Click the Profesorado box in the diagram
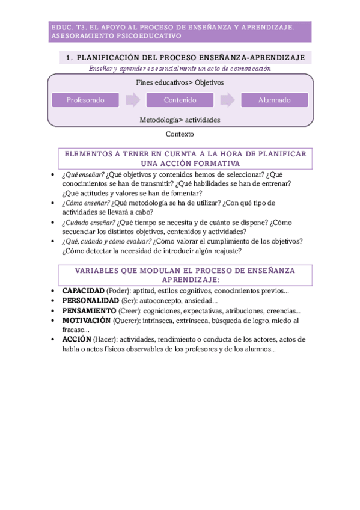coord(85,100)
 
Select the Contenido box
coord(180,100)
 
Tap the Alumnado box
coord(274,100)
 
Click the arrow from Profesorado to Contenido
coord(133,100)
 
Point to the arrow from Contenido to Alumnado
coord(227,100)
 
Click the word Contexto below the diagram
coord(180,134)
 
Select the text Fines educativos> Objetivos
coord(180,82)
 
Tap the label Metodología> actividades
coord(180,120)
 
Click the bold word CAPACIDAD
coord(83,291)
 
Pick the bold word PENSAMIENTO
coord(89,310)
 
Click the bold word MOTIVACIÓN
coord(87,320)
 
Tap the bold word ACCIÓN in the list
coord(76,339)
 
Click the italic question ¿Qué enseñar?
coord(82,174)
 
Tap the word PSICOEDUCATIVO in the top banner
coord(147,36)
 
